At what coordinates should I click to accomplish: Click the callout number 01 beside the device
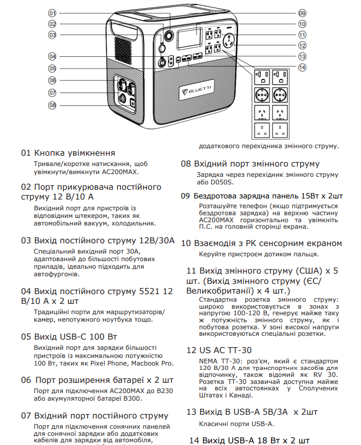coord(52,12)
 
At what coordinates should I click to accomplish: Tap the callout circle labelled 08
coord(52,105)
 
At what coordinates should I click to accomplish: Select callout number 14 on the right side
coord(302,67)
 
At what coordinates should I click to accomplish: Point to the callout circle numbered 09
coord(302,12)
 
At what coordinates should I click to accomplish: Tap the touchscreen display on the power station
coord(187,38)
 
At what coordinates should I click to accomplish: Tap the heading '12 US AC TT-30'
coord(219,350)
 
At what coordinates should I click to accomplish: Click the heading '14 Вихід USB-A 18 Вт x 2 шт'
coord(250,440)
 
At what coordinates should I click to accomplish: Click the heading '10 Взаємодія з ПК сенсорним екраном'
coord(261,243)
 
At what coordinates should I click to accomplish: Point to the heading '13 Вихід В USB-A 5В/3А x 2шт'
coord(252,411)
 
